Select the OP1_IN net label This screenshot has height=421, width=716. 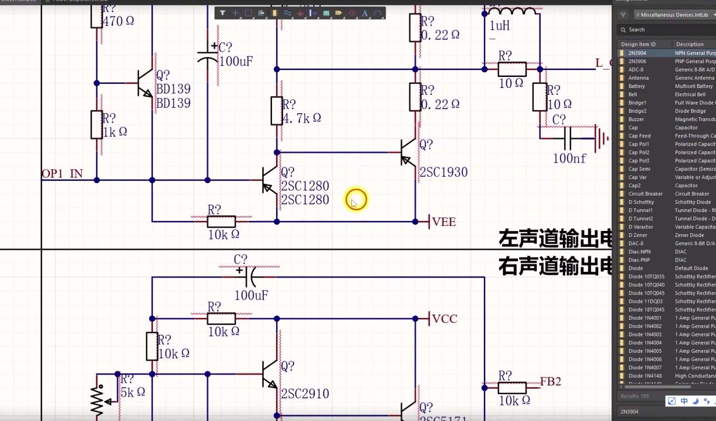click(62, 174)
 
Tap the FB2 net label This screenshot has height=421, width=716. click(550, 382)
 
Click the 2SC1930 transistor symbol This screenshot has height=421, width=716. click(407, 153)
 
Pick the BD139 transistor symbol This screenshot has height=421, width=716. click(145, 83)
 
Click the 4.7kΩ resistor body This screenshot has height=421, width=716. click(277, 111)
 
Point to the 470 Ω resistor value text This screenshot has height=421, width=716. click(118, 22)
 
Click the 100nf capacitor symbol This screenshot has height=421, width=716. click(568, 138)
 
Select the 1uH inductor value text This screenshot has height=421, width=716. click(500, 26)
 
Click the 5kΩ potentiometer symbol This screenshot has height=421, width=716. click(97, 400)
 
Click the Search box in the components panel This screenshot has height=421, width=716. click(665, 30)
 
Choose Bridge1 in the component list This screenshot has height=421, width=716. click(637, 103)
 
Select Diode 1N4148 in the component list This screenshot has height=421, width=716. click(645, 376)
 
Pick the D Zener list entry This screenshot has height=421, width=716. click(638, 235)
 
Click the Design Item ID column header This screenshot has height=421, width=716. click(638, 44)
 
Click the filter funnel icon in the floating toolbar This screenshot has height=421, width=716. click(222, 13)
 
